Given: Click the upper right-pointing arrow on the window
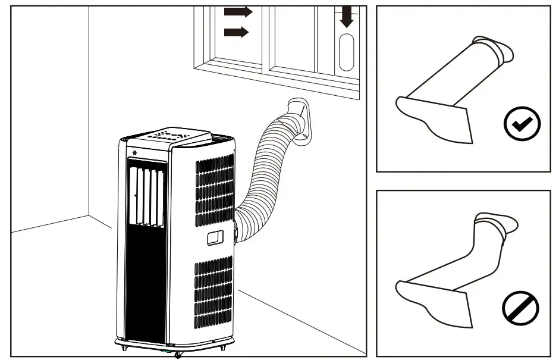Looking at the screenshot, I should pos(238,12).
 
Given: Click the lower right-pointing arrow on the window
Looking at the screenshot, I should pos(236,32).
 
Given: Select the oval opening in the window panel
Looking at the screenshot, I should pos(346,52).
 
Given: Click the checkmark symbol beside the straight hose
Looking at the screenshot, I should pos(522,123).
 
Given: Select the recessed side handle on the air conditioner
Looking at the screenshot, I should pos(214,238).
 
